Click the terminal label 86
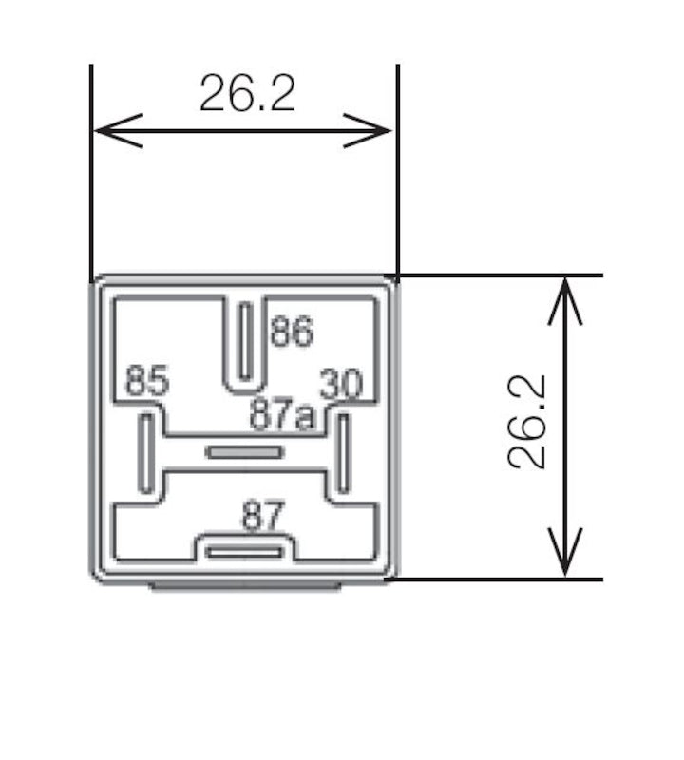[291, 332]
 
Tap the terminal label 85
[147, 383]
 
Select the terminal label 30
[341, 385]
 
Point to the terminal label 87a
[281, 414]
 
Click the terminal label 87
[263, 518]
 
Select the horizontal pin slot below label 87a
[245, 452]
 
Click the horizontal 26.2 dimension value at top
[247, 93]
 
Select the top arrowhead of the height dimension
[566, 294]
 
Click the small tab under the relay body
[245, 586]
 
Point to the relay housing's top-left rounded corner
[98, 282]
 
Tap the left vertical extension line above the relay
[90, 171]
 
